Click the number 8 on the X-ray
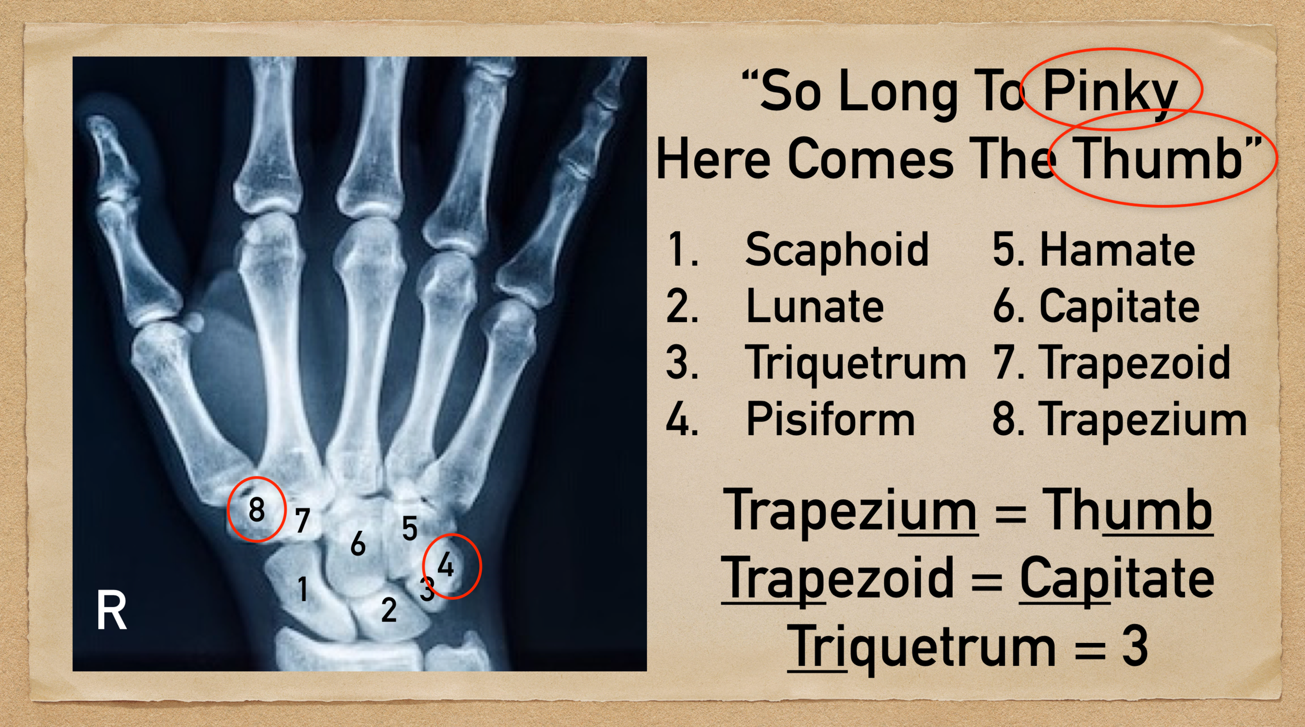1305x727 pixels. click(x=256, y=509)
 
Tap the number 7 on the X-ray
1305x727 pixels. click(x=302, y=520)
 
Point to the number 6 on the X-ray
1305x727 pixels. click(x=358, y=544)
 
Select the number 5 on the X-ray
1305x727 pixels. click(x=410, y=528)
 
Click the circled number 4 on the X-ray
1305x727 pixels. click(x=446, y=565)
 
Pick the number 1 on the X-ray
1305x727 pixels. click(x=302, y=589)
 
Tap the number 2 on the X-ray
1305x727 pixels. click(x=389, y=610)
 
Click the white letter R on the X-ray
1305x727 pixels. click(x=111, y=610)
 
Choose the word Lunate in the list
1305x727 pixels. click(x=815, y=307)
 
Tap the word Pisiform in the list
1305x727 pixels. click(x=830, y=419)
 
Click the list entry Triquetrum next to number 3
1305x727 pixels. click(x=856, y=363)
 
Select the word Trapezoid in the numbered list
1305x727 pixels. click(x=1135, y=363)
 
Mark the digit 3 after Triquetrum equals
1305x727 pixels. click(x=1134, y=647)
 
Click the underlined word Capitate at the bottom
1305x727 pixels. click(x=1117, y=578)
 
